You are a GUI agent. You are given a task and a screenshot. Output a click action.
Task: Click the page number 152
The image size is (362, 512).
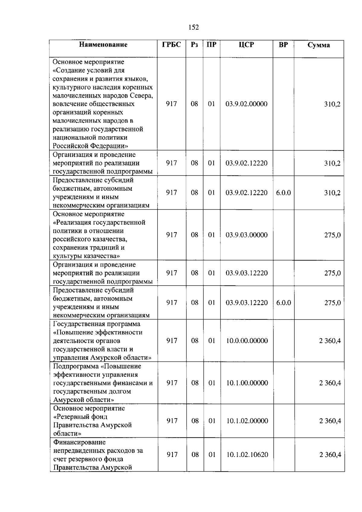[x=194, y=28]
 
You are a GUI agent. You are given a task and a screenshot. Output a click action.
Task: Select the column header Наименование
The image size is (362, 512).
[x=103, y=45]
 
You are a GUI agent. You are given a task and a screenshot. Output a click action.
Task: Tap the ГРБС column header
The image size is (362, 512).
[x=171, y=45]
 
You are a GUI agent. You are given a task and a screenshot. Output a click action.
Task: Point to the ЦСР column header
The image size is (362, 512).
[x=246, y=45]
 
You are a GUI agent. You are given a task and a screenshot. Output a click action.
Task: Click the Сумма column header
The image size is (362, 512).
[x=319, y=45]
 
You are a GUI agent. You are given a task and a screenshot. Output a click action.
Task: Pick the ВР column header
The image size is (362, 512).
[x=283, y=45]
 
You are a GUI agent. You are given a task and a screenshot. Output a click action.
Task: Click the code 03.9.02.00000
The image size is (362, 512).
[x=246, y=104]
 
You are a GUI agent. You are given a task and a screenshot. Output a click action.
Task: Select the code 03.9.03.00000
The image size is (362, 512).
[x=246, y=235]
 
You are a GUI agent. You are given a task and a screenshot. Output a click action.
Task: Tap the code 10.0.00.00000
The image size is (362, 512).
[x=247, y=341]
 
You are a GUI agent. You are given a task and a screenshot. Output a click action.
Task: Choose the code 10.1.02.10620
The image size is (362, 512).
[x=247, y=455]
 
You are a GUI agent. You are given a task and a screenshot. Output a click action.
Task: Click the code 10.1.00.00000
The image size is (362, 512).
[x=247, y=383]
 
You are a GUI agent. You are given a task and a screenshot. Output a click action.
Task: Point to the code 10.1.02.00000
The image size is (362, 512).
[x=247, y=421]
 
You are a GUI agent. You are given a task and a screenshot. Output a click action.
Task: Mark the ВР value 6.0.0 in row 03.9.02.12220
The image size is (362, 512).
[x=283, y=193]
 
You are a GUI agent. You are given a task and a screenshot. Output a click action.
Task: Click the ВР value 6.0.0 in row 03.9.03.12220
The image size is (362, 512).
[x=284, y=303]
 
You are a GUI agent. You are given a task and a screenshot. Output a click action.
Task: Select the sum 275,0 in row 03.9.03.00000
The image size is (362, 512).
[x=332, y=235]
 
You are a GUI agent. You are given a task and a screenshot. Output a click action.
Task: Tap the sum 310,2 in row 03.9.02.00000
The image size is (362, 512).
[x=332, y=104]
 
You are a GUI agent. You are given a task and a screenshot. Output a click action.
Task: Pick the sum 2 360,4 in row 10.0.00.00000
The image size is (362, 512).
[x=330, y=341]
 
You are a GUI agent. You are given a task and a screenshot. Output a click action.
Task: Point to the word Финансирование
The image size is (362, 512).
[x=80, y=442]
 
